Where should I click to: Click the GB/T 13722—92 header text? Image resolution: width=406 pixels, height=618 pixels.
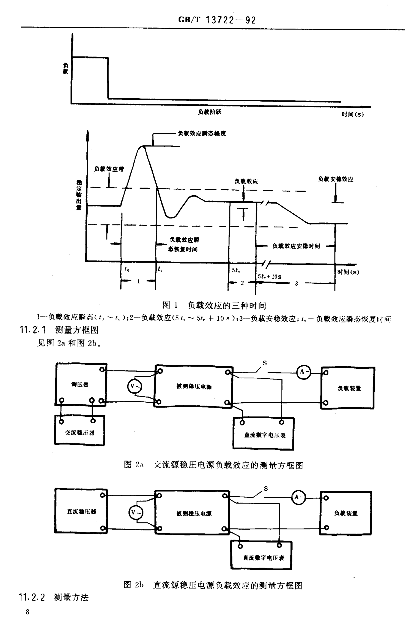pyautogui.click(x=217, y=20)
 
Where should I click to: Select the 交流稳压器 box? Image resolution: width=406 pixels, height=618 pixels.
pyautogui.click(x=79, y=432)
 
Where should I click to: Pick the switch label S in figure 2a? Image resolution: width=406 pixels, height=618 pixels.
pyautogui.click(x=265, y=363)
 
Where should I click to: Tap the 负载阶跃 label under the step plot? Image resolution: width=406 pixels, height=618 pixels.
pyautogui.click(x=210, y=112)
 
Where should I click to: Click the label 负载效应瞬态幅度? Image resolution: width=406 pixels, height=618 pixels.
pyautogui.click(x=202, y=134)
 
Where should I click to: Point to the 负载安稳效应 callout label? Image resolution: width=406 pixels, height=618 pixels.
pyautogui.click(x=336, y=179)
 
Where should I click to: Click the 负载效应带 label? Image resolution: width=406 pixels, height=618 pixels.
pyautogui.click(x=109, y=169)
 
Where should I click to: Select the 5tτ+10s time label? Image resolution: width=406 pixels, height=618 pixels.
pyautogui.click(x=270, y=276)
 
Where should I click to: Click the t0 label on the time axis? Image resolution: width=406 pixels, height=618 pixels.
pyautogui.click(x=127, y=269)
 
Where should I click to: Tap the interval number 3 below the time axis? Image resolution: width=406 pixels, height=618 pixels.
pyautogui.click(x=297, y=283)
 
